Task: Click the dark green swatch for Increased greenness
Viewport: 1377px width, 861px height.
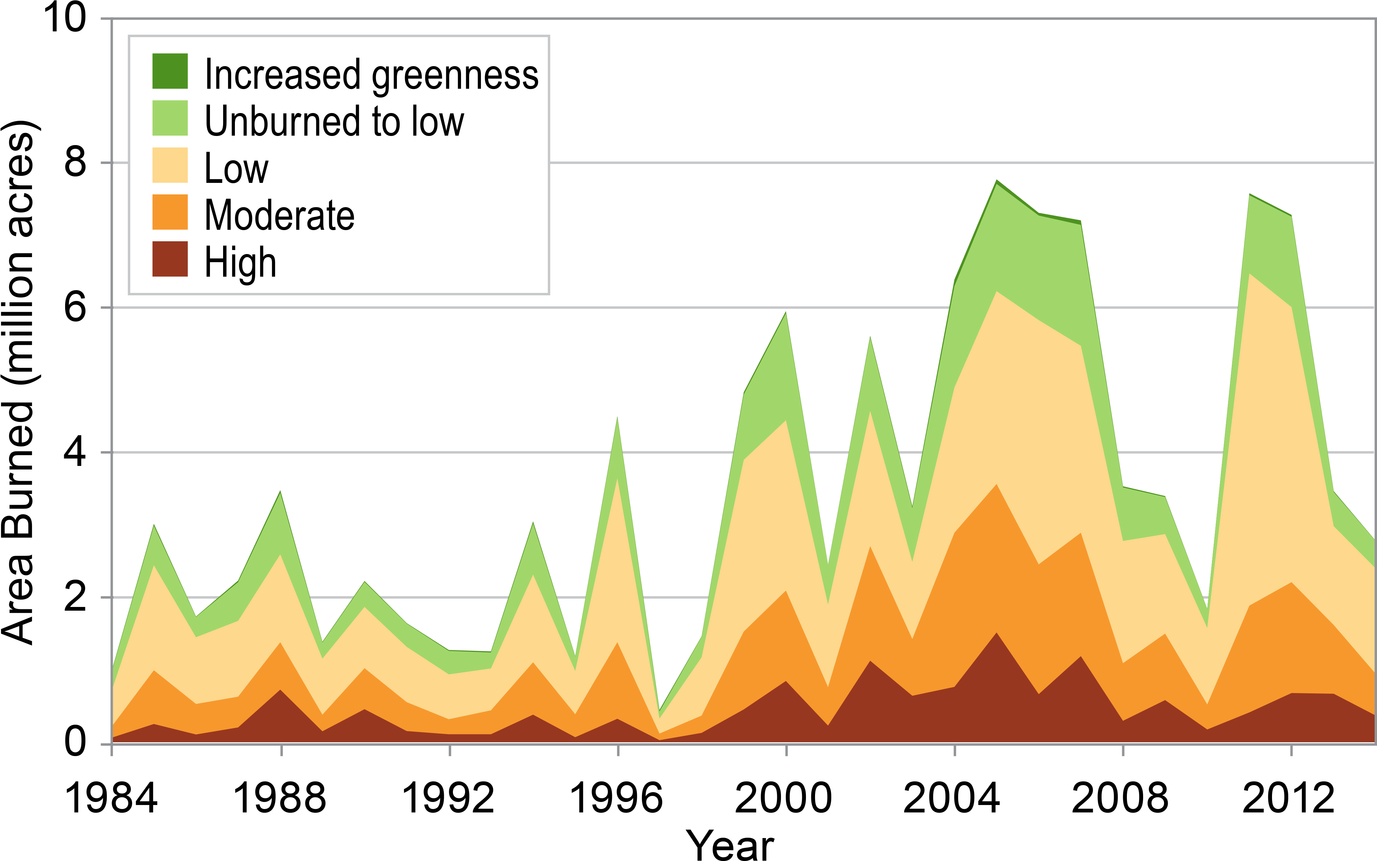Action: (170, 71)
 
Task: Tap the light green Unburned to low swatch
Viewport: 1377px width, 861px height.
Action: (170, 118)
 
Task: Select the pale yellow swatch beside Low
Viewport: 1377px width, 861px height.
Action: (170, 165)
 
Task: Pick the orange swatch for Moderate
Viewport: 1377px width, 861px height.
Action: (170, 213)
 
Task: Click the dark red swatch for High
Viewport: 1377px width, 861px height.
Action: (170, 259)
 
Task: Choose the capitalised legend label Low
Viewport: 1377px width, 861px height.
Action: (236, 169)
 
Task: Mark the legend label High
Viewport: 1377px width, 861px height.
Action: (240, 263)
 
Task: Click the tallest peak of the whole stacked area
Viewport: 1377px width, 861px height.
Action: (997, 181)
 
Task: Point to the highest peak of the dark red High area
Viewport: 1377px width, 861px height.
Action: (997, 633)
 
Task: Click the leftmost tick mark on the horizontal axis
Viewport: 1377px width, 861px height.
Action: (112, 751)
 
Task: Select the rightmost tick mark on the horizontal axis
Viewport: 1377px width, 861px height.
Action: (1291, 751)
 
